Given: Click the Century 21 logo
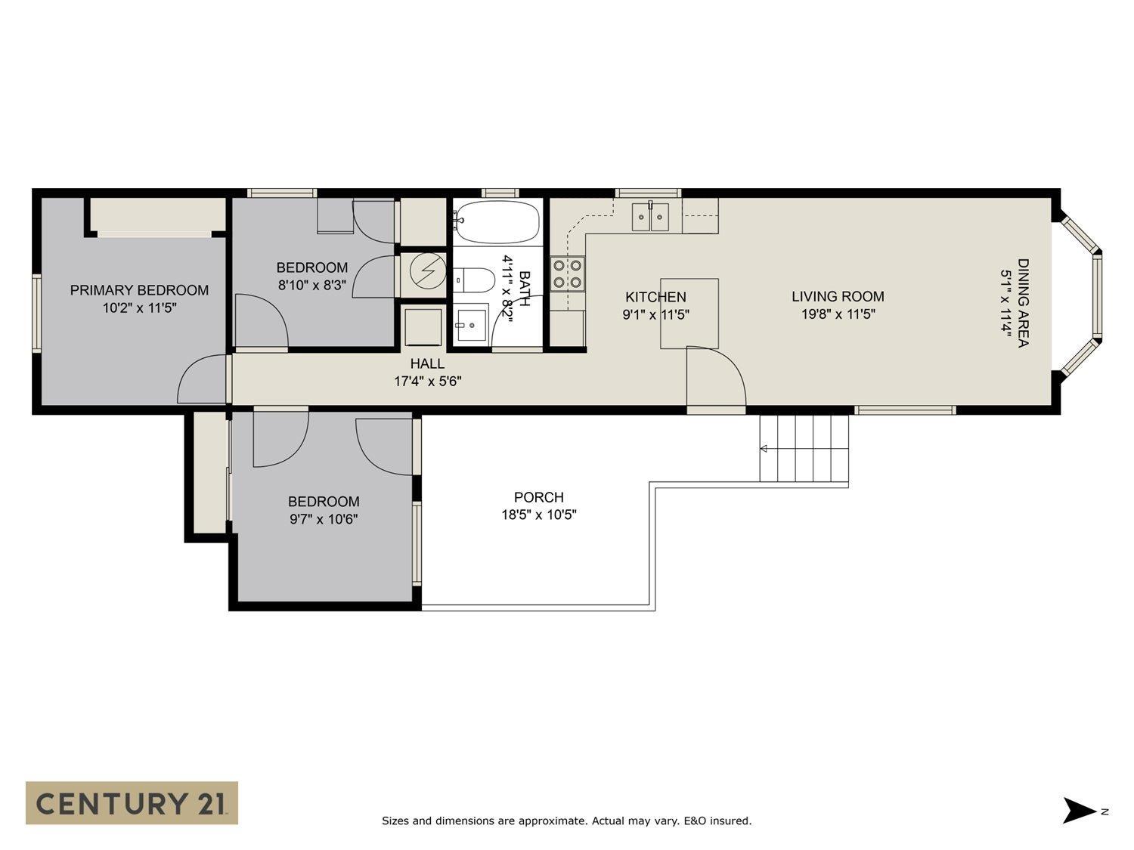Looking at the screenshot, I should (132, 802).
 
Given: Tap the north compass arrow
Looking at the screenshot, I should (1080, 810).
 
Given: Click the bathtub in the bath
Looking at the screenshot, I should (497, 221).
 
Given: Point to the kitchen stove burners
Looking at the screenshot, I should (567, 274).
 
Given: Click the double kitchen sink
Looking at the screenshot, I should (650, 217).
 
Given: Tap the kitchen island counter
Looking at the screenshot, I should (689, 313).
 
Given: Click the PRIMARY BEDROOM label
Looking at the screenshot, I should (139, 290).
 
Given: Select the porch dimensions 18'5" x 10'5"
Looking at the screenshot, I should (539, 515).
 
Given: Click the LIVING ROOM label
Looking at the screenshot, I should (838, 297).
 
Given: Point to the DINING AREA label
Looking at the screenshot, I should (1022, 303).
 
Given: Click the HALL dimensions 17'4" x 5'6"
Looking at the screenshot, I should (427, 382).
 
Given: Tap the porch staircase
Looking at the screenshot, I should (804, 449).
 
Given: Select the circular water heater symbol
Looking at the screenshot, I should (427, 270).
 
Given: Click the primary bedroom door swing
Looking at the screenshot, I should (202, 382).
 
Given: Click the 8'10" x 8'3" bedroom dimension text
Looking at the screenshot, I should (311, 286).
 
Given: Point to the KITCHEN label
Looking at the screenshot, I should (655, 297).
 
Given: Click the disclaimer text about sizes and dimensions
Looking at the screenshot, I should (566, 821).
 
